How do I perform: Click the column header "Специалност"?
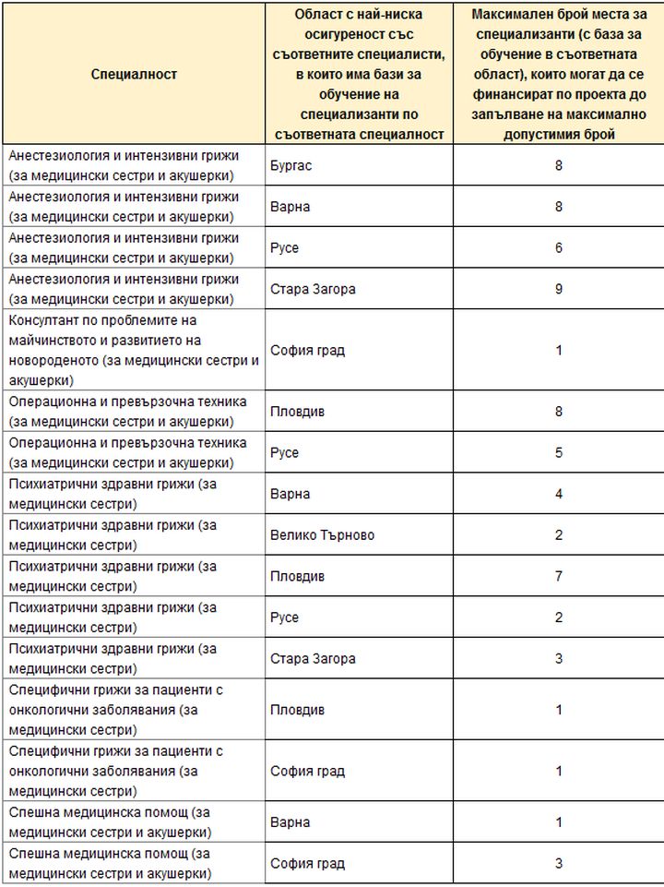click(134, 74)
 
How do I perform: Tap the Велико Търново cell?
click(322, 535)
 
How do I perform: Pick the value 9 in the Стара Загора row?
click(558, 289)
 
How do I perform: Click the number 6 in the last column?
click(558, 248)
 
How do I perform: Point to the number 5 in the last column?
click(558, 453)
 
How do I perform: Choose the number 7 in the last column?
click(558, 576)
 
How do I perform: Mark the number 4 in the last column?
click(558, 494)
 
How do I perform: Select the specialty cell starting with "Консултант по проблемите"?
click(134, 350)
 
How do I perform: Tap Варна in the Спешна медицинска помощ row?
click(290, 822)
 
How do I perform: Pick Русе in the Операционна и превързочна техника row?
click(285, 453)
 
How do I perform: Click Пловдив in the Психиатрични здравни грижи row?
click(297, 576)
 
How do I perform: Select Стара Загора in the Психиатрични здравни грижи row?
click(313, 658)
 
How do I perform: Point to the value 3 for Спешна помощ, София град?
click(558, 863)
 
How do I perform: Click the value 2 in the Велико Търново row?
click(558, 535)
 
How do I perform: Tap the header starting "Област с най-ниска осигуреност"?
click(359, 74)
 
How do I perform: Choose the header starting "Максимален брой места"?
click(558, 74)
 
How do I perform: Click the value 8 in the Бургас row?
click(558, 166)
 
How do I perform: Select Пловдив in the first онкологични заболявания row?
click(297, 710)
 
